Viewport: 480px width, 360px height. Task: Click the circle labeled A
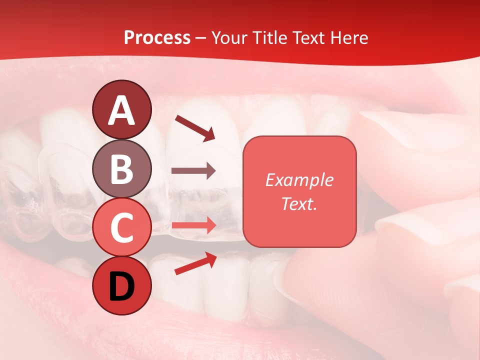122,109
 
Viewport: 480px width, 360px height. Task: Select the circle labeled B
122,168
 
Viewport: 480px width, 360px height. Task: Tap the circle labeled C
122,227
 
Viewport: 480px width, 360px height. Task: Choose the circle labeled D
122,285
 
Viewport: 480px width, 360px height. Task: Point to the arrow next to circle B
193,171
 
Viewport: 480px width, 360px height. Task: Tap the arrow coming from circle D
195,263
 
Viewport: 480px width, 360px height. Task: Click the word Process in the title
157,37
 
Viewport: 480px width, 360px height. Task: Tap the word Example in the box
299,180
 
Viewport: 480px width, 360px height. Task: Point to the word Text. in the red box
299,203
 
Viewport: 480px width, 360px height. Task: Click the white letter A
122,110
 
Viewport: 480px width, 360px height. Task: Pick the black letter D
122,286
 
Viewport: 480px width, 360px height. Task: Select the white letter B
122,169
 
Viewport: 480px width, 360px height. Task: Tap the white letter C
122,227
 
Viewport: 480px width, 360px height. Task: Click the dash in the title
201,38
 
